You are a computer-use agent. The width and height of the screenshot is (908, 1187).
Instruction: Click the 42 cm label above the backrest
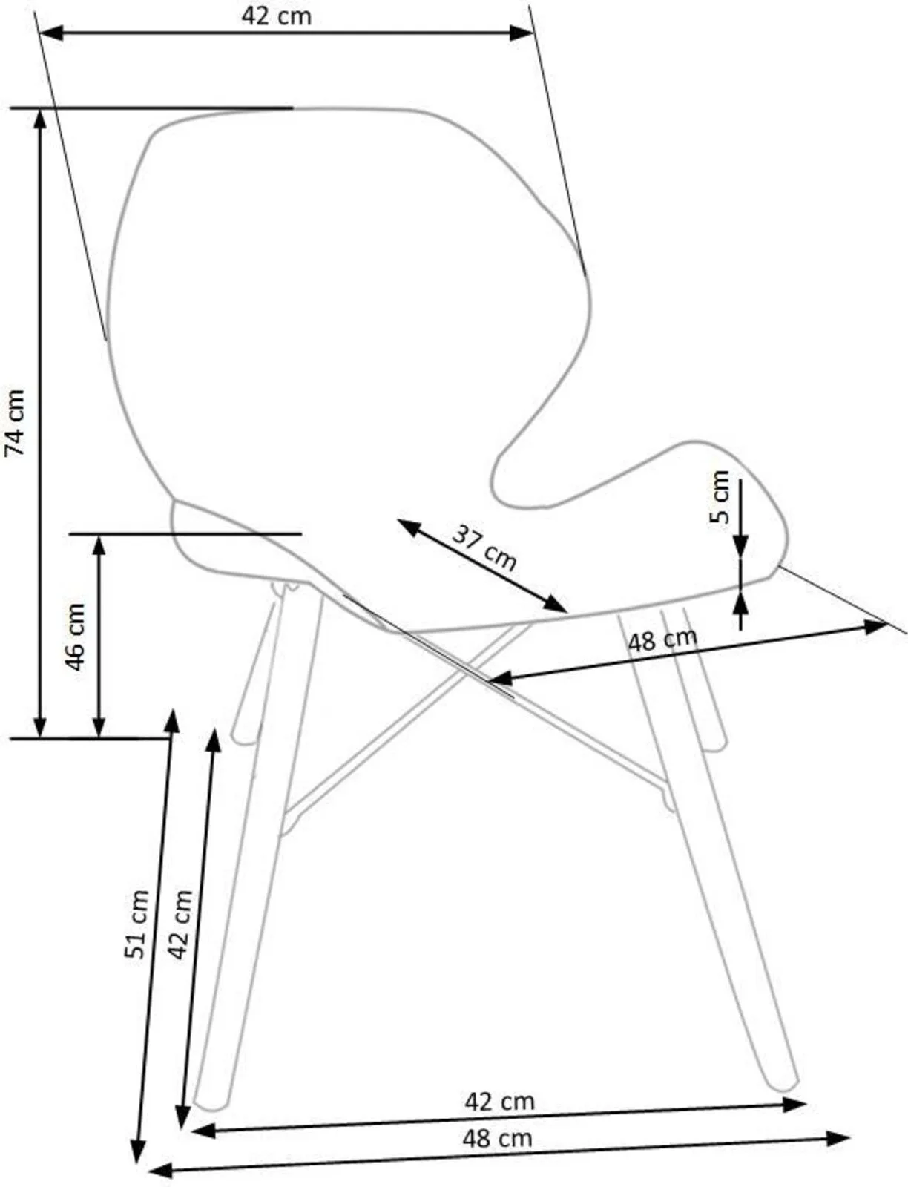coord(277,16)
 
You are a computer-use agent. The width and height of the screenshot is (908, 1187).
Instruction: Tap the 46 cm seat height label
coord(76,637)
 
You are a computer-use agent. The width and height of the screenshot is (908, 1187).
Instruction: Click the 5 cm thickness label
coord(720,496)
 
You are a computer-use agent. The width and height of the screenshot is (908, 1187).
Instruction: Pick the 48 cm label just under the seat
coord(662,639)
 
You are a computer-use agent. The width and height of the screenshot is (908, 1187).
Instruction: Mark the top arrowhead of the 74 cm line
coord(39,121)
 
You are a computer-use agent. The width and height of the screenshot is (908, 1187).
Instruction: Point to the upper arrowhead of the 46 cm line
coord(99,546)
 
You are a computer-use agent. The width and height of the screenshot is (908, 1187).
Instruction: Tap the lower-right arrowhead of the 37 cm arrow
coord(555,604)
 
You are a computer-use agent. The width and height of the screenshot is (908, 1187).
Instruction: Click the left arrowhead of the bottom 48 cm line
coord(161,1171)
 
